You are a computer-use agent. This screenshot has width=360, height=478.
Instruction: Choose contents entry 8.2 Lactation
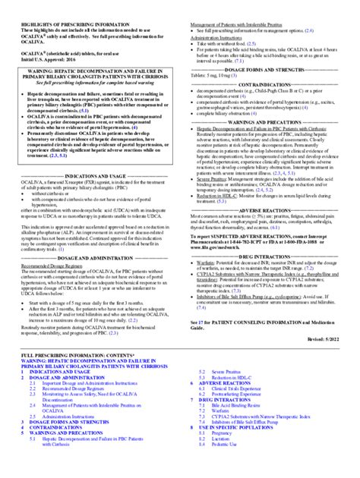(x=226, y=461)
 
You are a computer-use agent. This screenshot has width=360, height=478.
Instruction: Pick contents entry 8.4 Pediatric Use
(x=230, y=467)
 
